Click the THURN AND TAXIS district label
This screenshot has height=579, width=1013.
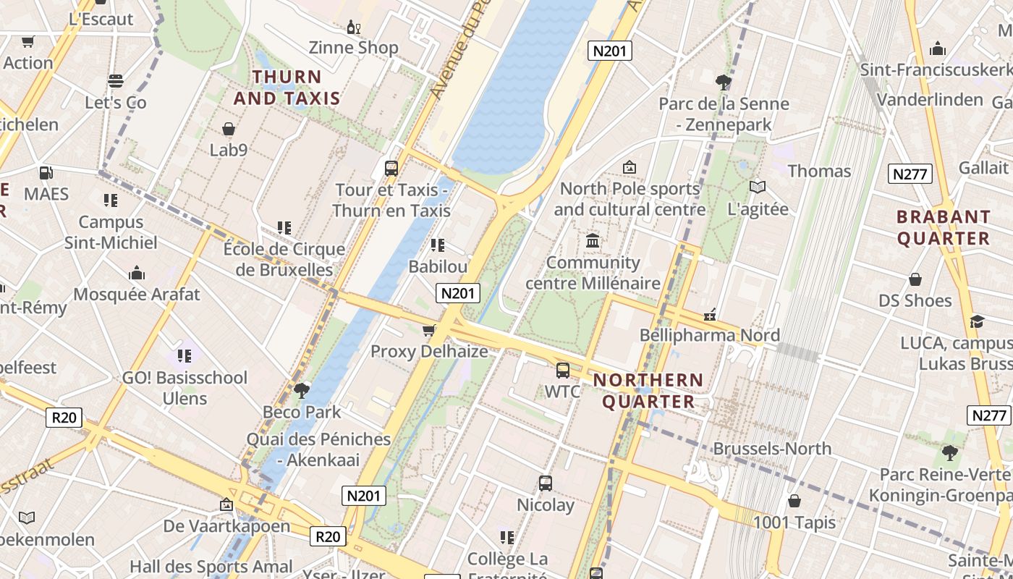[x=287, y=88]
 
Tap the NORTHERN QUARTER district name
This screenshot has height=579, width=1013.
[x=648, y=391]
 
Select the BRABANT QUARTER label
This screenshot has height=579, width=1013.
[x=944, y=227]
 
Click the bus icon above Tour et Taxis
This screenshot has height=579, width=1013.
[x=391, y=169]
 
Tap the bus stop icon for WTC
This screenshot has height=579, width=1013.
[x=563, y=371]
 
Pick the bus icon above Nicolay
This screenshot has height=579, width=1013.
[x=546, y=483]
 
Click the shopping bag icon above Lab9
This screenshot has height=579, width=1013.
[x=229, y=130]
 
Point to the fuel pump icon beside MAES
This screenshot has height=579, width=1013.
[x=46, y=173]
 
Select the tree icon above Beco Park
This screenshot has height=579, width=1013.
[x=302, y=391]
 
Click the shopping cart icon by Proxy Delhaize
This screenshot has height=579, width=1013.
[x=429, y=331]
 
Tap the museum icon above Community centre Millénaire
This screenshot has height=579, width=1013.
[x=593, y=241]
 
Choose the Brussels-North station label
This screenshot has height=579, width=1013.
[x=772, y=449]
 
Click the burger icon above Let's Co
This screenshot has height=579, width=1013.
[x=116, y=81]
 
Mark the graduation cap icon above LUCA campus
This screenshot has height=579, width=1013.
[x=977, y=321]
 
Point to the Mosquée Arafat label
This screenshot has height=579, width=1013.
[x=137, y=295]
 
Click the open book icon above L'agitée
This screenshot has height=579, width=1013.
[x=758, y=187]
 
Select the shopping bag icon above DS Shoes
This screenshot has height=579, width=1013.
[x=915, y=279]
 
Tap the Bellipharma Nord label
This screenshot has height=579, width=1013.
[x=710, y=335]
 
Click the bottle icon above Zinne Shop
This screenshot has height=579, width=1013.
[x=353, y=28]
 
